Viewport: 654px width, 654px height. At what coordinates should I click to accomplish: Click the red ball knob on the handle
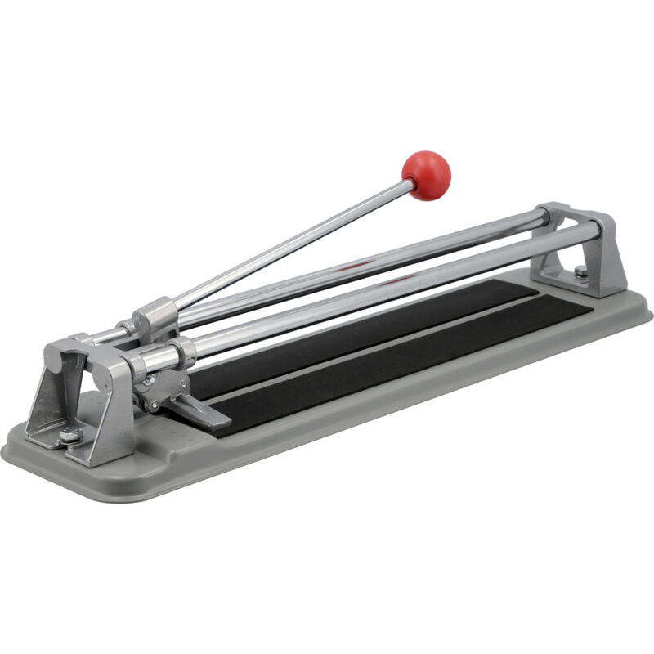pos(426,174)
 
